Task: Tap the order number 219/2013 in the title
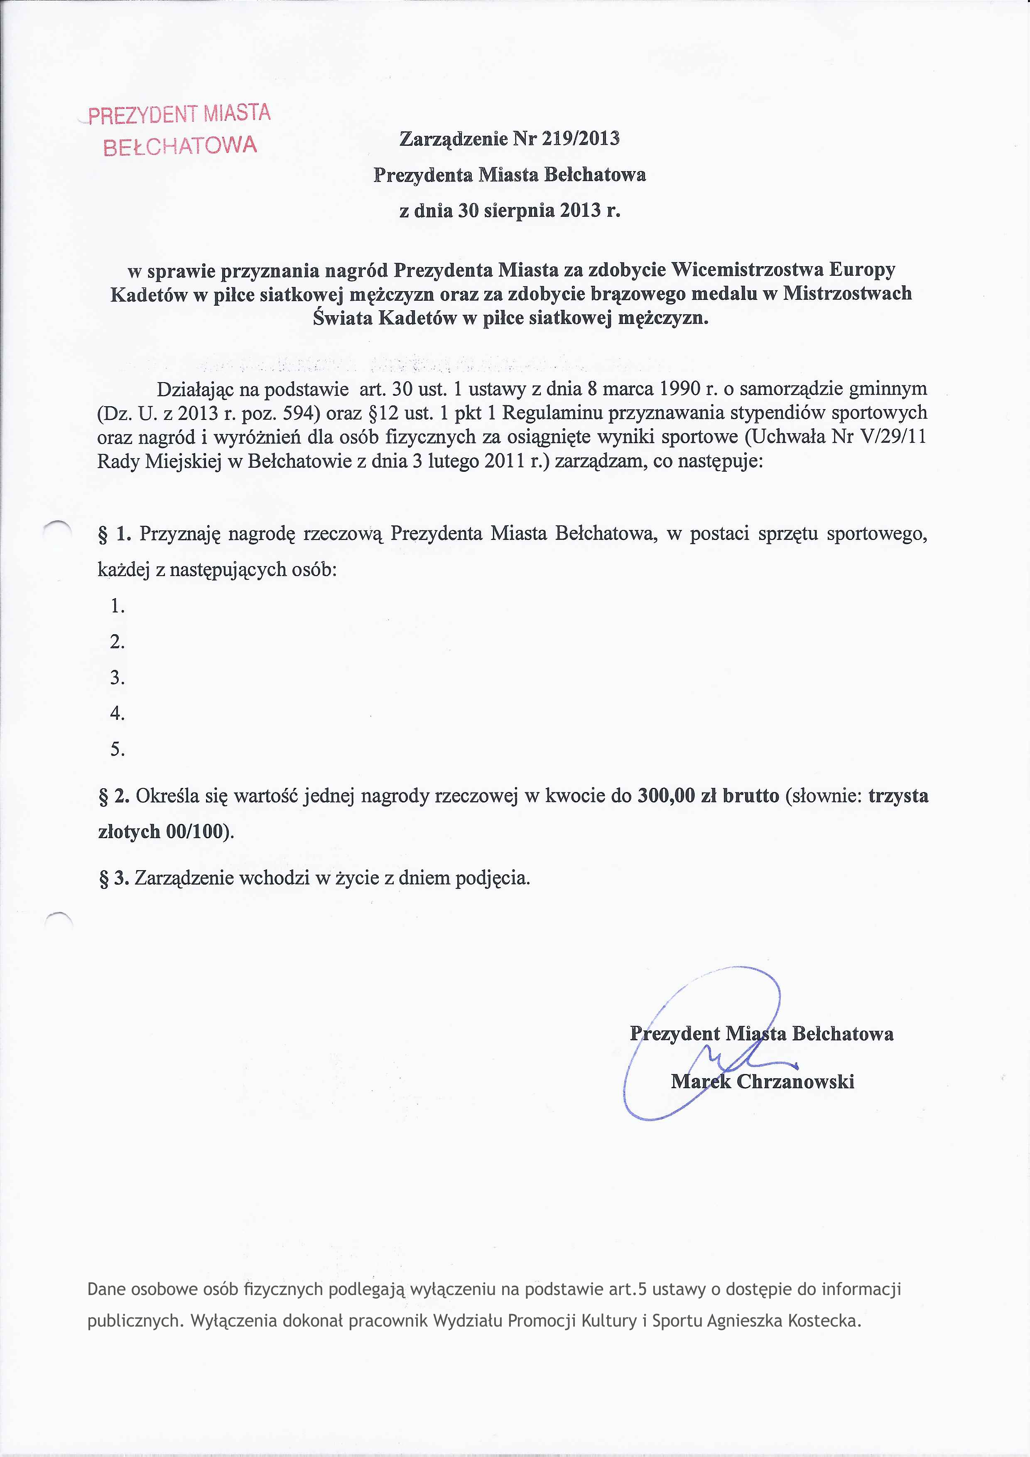pos(580,138)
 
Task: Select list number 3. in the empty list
pos(118,678)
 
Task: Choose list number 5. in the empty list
pos(118,749)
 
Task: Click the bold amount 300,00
pos(666,796)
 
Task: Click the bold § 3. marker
pos(114,878)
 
